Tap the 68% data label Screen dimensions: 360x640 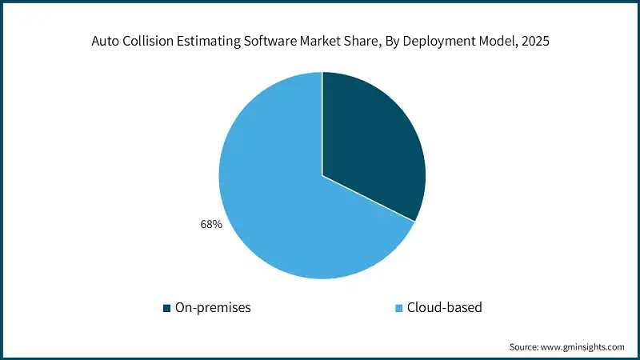(x=210, y=226)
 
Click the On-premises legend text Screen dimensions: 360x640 (x=212, y=307)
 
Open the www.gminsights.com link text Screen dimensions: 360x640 (x=584, y=346)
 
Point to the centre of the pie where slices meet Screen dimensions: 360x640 (x=322, y=175)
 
